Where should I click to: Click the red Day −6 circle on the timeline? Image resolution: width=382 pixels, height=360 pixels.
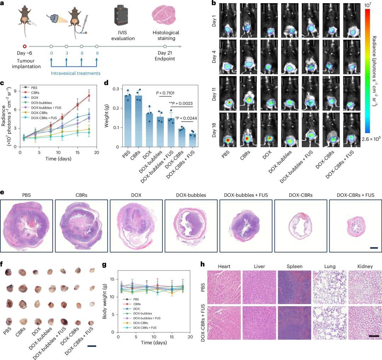pos(24,46)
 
